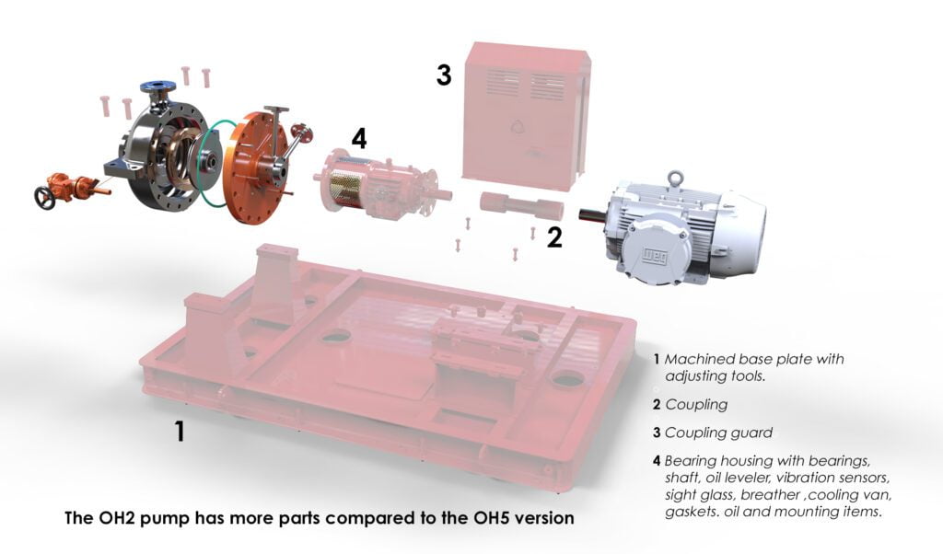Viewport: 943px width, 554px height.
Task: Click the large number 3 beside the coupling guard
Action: (x=443, y=75)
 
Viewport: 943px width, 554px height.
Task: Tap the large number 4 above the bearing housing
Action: (x=359, y=138)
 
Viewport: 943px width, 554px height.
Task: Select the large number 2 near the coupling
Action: (x=553, y=237)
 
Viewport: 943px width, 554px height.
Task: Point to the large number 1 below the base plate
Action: (x=180, y=431)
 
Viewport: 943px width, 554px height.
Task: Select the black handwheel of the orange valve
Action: (x=44, y=198)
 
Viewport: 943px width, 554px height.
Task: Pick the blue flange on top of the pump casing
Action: (x=157, y=86)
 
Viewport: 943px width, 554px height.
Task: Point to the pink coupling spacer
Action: (x=521, y=205)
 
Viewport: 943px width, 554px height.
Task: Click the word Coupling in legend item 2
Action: (x=696, y=404)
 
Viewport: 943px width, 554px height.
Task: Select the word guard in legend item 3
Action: (x=751, y=433)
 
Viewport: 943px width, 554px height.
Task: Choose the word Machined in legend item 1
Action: (x=693, y=359)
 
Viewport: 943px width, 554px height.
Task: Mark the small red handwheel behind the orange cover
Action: (x=299, y=133)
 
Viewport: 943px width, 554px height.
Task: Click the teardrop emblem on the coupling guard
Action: (x=517, y=125)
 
